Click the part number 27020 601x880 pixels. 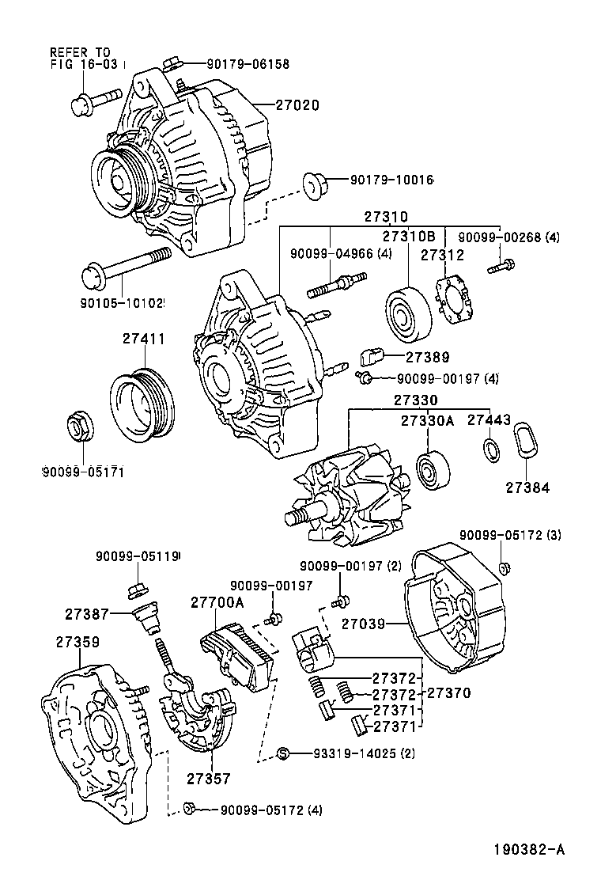tap(297, 104)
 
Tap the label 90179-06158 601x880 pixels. tap(237, 63)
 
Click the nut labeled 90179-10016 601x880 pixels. tap(314, 185)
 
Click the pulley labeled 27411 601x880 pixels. tap(139, 404)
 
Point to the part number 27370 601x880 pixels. tap(448, 692)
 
